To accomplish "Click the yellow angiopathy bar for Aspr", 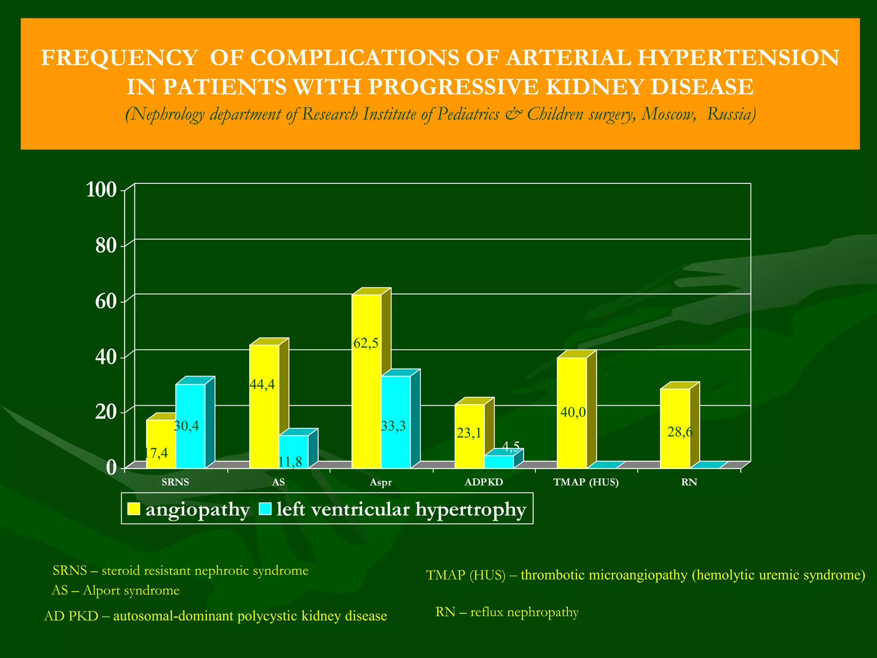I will point(366,386).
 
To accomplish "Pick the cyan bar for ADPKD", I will point(499,461).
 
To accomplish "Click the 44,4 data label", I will point(262,385).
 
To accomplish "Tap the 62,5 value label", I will point(366,343).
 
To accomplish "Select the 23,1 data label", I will point(468,434).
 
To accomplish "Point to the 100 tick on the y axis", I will point(101,190).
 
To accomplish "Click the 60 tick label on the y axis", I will point(106,302).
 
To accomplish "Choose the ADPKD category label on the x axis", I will point(483,482).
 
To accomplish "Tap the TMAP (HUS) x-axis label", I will point(586,482).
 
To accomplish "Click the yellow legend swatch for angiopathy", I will point(134,509).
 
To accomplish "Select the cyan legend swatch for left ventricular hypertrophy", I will point(265,509).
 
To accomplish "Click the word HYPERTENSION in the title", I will point(737,58).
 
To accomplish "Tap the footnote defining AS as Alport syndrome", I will point(115,590).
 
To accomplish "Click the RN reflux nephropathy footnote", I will point(507,612).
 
